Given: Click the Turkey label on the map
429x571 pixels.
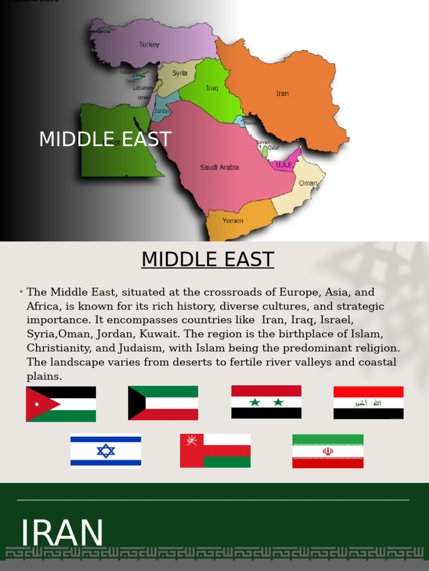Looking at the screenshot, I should [x=149, y=45].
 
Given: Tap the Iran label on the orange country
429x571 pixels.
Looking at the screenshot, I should [x=282, y=94].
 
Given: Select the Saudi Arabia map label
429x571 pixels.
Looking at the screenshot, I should [x=220, y=167].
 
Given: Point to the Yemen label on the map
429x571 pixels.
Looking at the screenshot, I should [x=232, y=220].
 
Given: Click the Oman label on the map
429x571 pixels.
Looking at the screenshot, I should [x=308, y=183].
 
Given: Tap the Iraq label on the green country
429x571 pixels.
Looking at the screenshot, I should [x=212, y=88].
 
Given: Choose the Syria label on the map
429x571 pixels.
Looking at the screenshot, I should [x=179, y=73].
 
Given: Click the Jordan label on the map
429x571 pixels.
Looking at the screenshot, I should [x=162, y=111].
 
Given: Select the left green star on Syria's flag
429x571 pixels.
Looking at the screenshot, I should [x=255, y=402].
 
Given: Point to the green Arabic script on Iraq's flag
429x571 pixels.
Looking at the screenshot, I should [x=368, y=403].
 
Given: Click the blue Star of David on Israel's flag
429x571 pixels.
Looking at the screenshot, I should [x=106, y=451].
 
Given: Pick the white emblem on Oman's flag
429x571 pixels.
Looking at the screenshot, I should [x=192, y=441].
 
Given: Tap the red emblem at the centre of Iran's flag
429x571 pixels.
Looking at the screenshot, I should [x=328, y=451].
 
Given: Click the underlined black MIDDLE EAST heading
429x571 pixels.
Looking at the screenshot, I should [x=207, y=260].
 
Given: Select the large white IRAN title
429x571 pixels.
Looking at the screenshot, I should [x=62, y=533].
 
